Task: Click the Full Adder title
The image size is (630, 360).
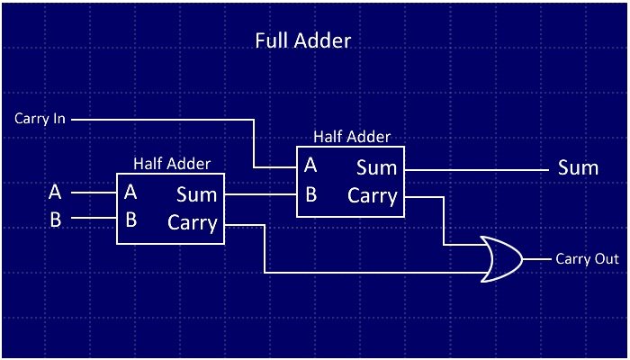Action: tap(301, 40)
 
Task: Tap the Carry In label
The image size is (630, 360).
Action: tap(40, 118)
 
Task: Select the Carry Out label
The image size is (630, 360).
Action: tap(587, 258)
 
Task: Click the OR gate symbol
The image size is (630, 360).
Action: tap(499, 259)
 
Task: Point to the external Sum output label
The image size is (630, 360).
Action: tap(578, 167)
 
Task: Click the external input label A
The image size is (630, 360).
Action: tap(55, 192)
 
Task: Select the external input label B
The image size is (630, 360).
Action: tap(55, 219)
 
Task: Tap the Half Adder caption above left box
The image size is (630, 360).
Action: tap(172, 163)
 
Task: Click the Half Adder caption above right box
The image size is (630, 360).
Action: tap(352, 137)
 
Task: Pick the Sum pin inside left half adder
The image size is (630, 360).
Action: tap(196, 193)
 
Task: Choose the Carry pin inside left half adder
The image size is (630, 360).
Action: tap(193, 221)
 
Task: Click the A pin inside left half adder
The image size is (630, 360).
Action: tap(130, 192)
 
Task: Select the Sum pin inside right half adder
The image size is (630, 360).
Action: tap(376, 167)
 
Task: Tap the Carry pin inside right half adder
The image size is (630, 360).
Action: tap(373, 195)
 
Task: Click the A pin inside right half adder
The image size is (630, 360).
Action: tap(310, 166)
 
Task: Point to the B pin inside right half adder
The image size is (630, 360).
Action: tap(310, 193)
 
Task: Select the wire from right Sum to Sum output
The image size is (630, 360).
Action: tap(472, 167)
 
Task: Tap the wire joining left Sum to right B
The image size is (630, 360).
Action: tap(261, 193)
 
